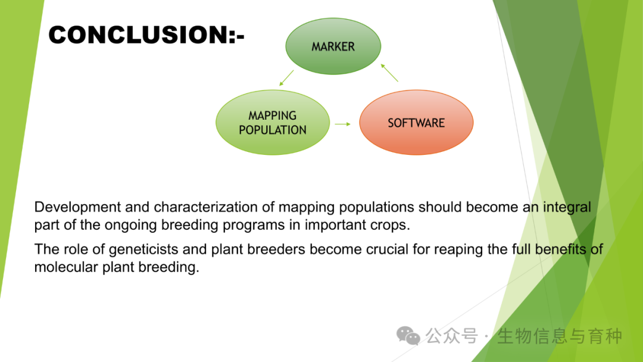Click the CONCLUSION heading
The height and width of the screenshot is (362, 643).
[x=146, y=35]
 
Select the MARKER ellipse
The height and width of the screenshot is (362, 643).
[x=333, y=46]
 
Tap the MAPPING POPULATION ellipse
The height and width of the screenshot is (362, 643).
[x=273, y=123]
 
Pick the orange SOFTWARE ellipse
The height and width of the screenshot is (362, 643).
[x=416, y=123]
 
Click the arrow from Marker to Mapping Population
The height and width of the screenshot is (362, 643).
[x=286, y=78]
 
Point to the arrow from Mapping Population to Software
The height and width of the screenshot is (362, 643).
[x=342, y=124]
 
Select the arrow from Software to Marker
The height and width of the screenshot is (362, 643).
[x=389, y=73]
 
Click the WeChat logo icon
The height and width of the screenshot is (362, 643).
[x=408, y=336]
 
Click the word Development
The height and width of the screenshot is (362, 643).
[x=77, y=207]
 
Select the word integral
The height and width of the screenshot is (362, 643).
[x=567, y=207]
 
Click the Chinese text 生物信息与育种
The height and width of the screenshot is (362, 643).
[x=560, y=336]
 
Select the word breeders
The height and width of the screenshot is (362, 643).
[x=276, y=249]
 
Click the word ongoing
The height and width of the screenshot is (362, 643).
[x=131, y=226]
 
